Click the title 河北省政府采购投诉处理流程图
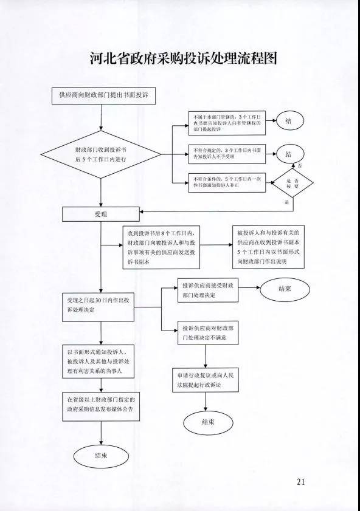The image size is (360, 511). click(x=180, y=59)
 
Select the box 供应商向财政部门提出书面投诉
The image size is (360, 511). click(x=103, y=96)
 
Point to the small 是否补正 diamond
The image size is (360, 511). click(x=292, y=183)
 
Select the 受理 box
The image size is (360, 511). click(x=101, y=214)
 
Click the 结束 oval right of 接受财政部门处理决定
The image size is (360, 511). click(x=285, y=289)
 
